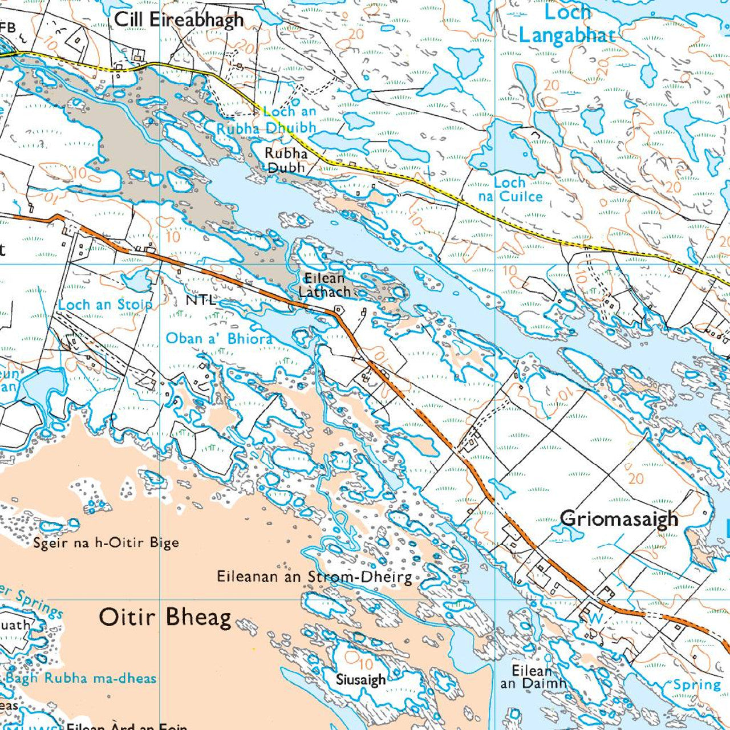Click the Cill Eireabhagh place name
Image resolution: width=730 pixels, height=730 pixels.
[179, 19]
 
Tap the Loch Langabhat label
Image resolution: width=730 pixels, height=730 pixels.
[566, 25]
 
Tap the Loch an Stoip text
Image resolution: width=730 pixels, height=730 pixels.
[106, 305]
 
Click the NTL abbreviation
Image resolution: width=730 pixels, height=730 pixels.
[201, 300]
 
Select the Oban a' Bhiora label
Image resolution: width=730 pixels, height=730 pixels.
[219, 338]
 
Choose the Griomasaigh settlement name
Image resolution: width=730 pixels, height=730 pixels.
[619, 519]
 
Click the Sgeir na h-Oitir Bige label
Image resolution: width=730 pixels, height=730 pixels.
[106, 542]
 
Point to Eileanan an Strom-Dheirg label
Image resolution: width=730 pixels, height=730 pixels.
[314, 577]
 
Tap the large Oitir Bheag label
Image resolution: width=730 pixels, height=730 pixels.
[165, 617]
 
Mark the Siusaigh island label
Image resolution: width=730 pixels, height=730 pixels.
[360, 680]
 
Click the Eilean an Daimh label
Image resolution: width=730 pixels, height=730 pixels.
[533, 677]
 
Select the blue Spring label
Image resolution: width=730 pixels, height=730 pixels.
[697, 684]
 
